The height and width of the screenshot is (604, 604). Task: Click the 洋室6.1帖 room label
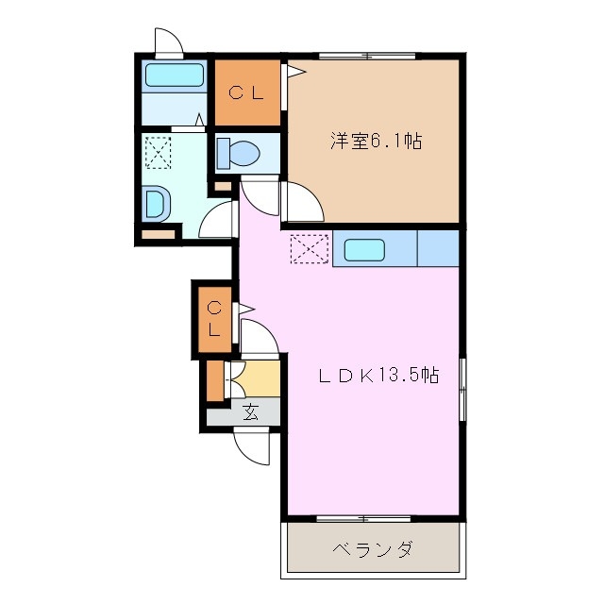pos(375,142)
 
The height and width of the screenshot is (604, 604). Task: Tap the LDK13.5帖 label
pos(377,375)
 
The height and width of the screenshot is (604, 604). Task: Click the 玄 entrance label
pos(250,411)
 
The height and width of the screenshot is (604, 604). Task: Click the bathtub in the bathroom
pos(175,75)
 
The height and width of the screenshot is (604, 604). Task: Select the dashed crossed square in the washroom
pos(157,151)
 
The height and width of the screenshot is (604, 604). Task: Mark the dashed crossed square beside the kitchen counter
pos(308,249)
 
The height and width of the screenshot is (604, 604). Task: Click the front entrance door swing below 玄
pos(253,446)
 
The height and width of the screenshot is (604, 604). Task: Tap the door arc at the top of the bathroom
pos(168,42)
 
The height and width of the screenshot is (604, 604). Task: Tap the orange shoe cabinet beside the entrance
pos(216,379)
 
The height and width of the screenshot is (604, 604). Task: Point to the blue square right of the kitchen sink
pos(438,249)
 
